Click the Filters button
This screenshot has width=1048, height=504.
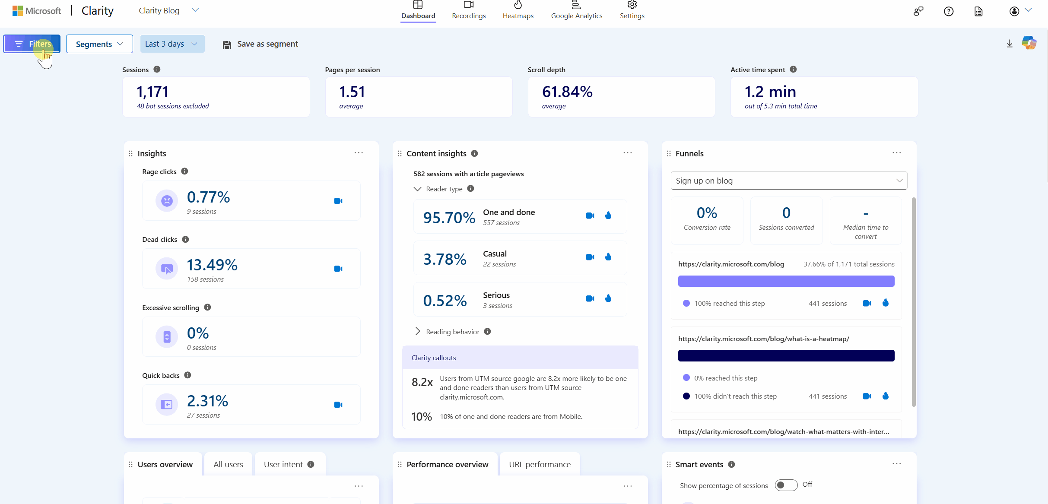[32, 44]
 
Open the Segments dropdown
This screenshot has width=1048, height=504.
[99, 44]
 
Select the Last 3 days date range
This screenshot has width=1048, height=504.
[172, 44]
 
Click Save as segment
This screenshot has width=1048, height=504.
[260, 44]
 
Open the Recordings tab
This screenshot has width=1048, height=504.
[469, 10]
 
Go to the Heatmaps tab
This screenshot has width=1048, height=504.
[518, 10]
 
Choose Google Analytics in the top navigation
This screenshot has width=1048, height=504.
[576, 10]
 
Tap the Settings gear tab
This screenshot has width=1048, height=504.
[632, 10]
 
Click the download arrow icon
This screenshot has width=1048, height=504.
[1010, 44]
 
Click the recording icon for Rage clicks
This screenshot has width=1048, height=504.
[338, 201]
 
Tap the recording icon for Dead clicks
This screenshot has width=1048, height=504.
[338, 269]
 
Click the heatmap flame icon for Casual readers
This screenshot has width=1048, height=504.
[608, 257]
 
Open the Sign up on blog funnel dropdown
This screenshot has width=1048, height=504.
[789, 181]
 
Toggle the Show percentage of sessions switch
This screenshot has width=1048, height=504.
[786, 485]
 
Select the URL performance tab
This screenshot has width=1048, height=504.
[540, 464]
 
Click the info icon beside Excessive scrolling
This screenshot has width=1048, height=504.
[207, 307]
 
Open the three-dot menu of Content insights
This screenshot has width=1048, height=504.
[628, 153]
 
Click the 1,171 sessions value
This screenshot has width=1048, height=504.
[152, 92]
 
